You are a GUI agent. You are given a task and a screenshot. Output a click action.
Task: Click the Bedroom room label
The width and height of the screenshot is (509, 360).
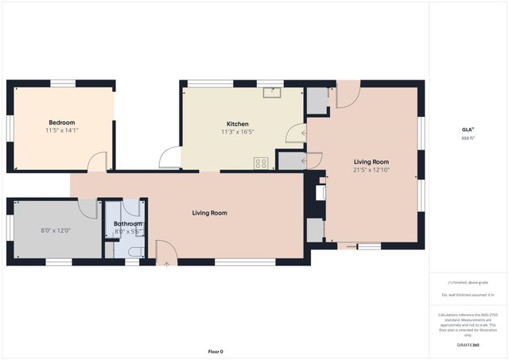pos(60,122)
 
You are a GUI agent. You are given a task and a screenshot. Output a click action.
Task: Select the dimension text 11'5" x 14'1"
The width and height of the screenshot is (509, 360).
pos(60,130)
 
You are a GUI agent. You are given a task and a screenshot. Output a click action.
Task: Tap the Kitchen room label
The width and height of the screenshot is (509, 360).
pos(238,124)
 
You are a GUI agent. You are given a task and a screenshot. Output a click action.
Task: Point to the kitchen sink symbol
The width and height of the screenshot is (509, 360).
pos(273,92)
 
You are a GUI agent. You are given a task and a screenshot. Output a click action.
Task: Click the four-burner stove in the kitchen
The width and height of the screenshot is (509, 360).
pos(260,163)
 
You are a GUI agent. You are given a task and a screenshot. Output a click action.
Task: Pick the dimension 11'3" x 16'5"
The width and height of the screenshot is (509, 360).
pos(238,133)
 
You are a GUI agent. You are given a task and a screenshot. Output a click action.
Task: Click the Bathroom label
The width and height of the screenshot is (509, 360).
pos(127,224)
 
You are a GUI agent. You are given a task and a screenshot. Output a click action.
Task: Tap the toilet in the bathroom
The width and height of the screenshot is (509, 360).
pos(134,253)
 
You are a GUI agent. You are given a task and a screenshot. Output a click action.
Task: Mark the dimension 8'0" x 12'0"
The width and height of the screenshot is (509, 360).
pos(56,230)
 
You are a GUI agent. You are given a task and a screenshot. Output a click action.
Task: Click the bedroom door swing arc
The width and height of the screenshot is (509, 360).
pos(97,161)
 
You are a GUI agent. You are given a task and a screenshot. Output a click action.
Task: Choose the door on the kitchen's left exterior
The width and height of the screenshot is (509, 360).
pos(169,158)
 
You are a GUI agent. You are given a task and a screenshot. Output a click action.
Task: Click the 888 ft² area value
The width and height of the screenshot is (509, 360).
pos(468,137)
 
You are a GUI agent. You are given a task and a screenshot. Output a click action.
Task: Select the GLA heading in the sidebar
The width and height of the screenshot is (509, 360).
pos(468,130)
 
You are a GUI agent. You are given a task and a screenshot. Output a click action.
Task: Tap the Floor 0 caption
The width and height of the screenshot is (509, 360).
pos(216,351)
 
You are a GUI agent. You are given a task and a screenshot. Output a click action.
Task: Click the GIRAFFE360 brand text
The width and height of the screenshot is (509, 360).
pos(468,346)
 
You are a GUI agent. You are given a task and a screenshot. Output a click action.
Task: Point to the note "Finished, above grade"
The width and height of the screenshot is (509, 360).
pos(468,282)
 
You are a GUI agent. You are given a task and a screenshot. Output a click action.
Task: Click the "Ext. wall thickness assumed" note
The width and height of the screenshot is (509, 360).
pos(468,295)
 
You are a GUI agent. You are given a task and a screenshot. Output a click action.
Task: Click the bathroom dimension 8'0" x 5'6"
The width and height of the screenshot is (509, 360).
pos(127,231)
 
